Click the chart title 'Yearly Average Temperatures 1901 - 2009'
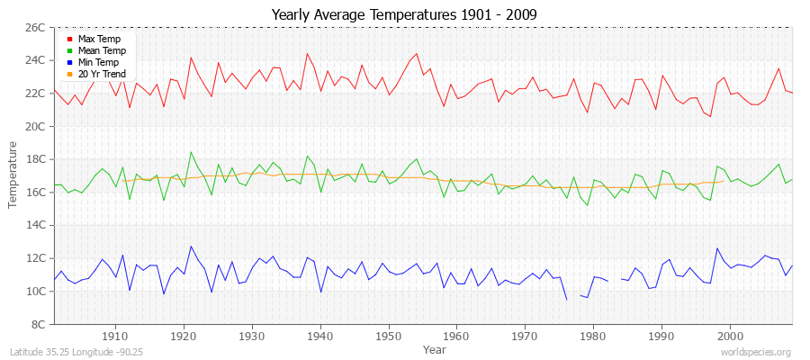pos(404,13)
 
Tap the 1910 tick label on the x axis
pos(115,336)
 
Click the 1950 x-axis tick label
pos(388,336)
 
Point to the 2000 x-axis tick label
pos(730,336)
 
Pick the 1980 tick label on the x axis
pos(593,336)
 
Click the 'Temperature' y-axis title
pos(13,175)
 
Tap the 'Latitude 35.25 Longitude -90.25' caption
pos(76,352)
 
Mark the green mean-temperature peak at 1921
pos(191,152)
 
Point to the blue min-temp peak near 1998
pos(717,248)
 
